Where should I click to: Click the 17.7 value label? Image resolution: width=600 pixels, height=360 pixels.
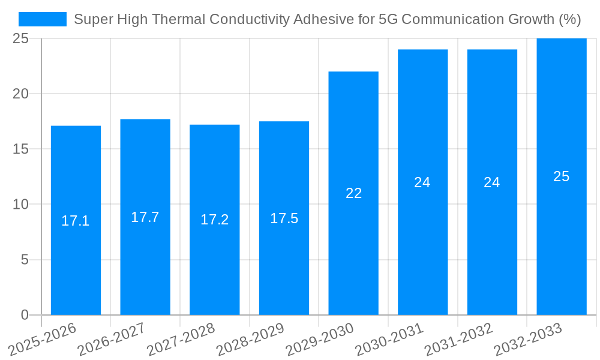coord(145,217)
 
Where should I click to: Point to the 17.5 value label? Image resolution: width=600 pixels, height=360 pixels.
coord(284,218)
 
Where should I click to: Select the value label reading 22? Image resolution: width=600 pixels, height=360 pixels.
coord(353,193)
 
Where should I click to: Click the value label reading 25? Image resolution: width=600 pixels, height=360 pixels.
coord(561,176)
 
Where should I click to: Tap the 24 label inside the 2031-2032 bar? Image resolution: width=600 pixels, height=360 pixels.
coord(491,182)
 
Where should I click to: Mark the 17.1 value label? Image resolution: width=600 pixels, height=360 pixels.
coord(76,221)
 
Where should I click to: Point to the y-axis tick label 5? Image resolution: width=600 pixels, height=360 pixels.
coord(25,260)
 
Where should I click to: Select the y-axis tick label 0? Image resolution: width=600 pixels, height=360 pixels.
coord(25,315)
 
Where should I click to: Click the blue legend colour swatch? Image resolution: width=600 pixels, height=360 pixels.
coord(43,19)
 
